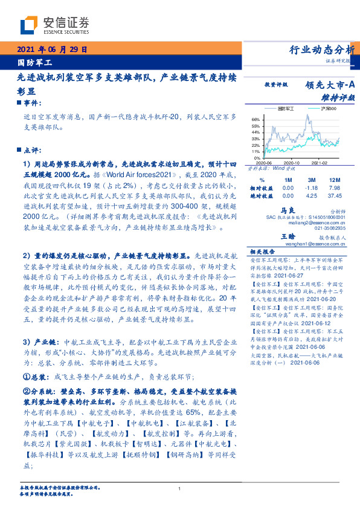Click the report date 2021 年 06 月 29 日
tap(54, 50)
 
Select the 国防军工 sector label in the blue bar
tap(35, 62)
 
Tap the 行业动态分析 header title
tap(318, 50)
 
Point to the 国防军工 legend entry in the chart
tap(286, 109)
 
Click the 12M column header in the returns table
tap(333, 180)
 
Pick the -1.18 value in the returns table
tap(312, 188)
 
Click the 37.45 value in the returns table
tap(333, 196)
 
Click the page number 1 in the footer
tap(180, 488)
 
